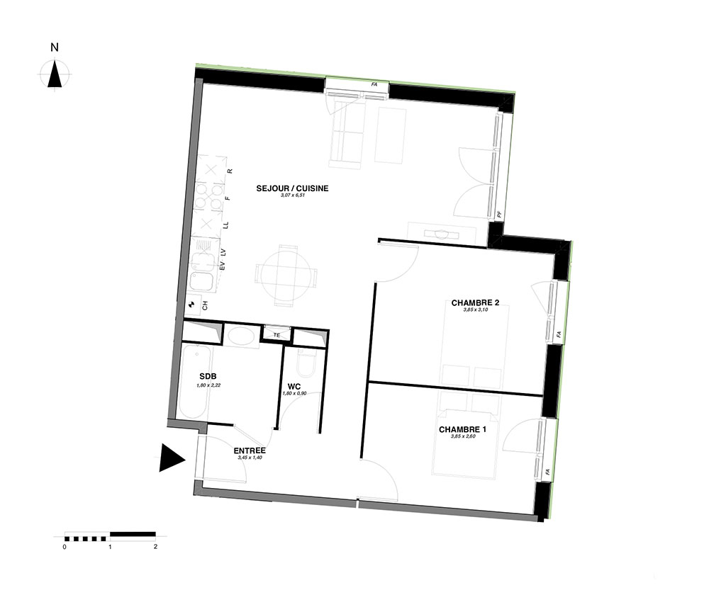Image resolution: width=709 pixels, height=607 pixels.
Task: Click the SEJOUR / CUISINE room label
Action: (292, 188)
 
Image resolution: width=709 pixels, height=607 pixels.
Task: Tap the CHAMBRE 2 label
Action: (475, 302)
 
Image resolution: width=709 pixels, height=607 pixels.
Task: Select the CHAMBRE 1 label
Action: (462, 429)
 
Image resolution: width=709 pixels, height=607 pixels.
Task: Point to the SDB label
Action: (208, 376)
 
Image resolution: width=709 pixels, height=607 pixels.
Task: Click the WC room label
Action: (294, 387)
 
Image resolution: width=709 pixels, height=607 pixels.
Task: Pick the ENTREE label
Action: (250, 450)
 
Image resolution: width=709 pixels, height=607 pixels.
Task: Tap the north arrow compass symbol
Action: (55, 74)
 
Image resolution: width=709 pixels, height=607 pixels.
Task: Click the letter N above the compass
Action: (55, 47)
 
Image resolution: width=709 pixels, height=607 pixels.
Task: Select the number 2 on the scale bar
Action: (155, 547)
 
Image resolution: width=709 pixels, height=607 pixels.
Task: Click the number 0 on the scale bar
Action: (65, 547)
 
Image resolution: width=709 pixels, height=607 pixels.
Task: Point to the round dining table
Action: (286, 276)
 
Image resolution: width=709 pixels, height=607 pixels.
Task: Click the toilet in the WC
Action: (307, 363)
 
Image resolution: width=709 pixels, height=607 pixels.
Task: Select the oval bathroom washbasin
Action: (241, 336)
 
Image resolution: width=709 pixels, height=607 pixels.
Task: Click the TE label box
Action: (277, 334)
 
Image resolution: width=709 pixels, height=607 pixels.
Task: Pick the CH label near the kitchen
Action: (205, 306)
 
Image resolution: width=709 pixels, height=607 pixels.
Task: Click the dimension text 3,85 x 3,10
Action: (475, 310)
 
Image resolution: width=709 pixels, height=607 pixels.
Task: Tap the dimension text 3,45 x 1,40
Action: (250, 458)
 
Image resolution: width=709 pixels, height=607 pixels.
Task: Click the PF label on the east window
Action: (500, 215)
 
